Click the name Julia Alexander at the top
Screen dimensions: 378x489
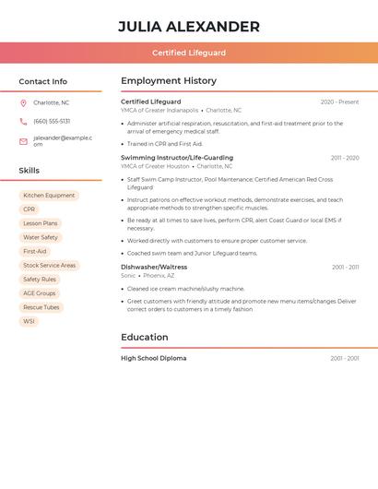189,27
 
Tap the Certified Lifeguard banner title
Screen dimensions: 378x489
189,53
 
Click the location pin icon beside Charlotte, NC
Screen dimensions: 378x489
23,102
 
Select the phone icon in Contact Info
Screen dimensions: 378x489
23,121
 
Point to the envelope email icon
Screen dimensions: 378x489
23,141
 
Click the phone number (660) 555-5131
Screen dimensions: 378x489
52,121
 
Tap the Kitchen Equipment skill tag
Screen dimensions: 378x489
49,196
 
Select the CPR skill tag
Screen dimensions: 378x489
30,209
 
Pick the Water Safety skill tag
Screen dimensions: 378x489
41,237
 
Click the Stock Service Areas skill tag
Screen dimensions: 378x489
50,266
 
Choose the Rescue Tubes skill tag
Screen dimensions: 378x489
41,307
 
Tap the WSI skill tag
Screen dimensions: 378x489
30,321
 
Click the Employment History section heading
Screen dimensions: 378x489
169,81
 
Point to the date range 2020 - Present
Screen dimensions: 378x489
339,101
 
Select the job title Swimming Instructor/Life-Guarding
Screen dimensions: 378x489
177,158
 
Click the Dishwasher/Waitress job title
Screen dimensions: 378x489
154,267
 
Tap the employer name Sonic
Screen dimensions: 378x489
128,275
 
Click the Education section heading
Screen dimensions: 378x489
145,338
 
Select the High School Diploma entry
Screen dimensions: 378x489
153,358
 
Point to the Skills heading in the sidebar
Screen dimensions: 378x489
30,171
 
